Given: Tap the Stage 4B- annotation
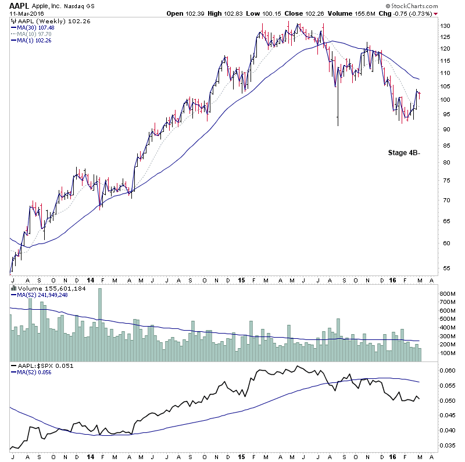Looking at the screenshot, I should pos(405,153).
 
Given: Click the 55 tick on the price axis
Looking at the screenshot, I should pos(443,268).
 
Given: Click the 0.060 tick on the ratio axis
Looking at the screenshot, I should pos(448,371).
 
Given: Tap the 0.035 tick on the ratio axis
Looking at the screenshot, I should pos(448,446).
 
